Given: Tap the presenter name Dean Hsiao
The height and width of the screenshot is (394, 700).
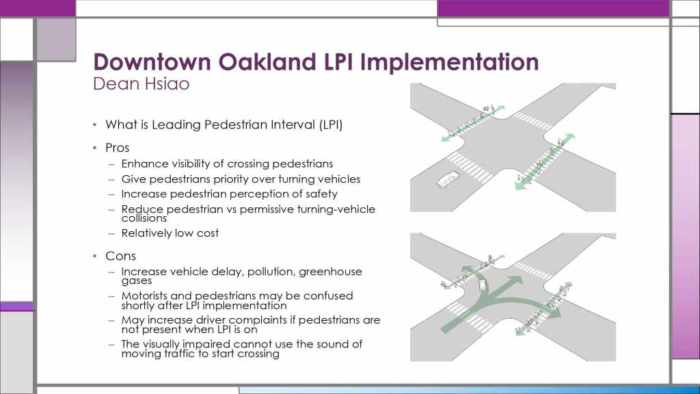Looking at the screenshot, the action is [141, 83].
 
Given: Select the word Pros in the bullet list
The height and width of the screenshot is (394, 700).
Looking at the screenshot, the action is [118, 148].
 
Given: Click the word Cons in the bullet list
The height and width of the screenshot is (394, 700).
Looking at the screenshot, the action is [120, 256].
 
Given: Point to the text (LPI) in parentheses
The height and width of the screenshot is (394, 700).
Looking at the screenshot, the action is [331, 124].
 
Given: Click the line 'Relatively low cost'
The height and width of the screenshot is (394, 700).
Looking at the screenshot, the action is [170, 233].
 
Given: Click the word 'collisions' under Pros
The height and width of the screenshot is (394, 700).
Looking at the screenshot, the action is [144, 218].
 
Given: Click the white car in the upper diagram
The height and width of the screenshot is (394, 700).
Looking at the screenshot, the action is [448, 179].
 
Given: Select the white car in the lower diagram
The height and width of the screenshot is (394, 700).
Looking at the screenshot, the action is [482, 284].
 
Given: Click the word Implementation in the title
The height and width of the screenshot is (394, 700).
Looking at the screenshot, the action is [450, 62].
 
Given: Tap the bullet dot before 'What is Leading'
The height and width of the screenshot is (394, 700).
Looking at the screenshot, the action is [94, 124].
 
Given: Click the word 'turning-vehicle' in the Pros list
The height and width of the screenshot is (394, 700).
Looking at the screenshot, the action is [327, 209].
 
